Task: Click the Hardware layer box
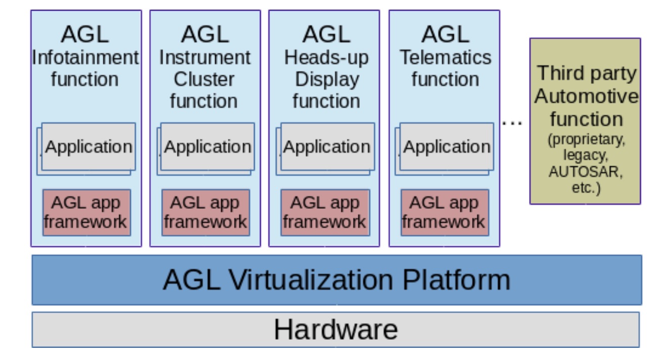(x=336, y=330)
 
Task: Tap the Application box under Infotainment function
(x=88, y=147)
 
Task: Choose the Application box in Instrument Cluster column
(x=208, y=147)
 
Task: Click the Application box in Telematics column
(x=447, y=147)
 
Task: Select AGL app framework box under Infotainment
(x=86, y=212)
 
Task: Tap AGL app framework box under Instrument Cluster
(x=206, y=212)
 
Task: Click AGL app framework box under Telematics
(x=445, y=212)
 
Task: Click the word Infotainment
(x=85, y=57)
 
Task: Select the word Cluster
(x=204, y=79)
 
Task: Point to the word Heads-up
(x=326, y=57)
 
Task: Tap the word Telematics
(x=445, y=57)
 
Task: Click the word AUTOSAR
(x=586, y=171)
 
